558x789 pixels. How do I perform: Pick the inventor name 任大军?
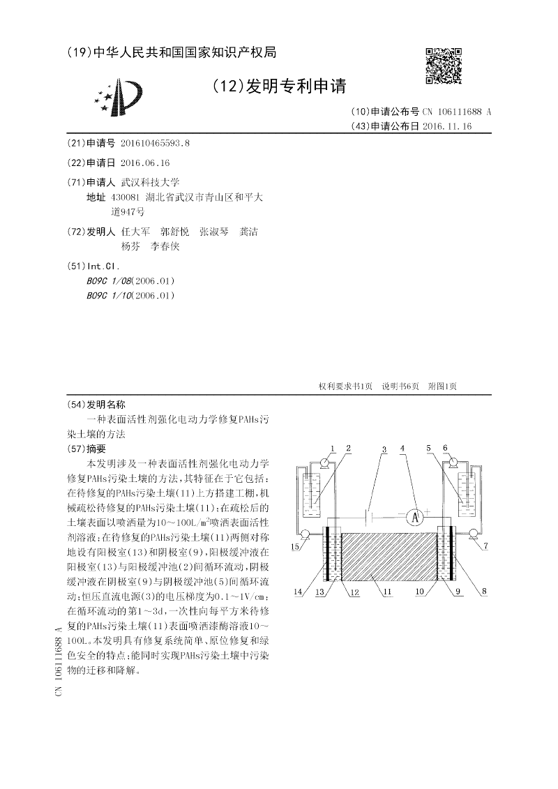point(135,232)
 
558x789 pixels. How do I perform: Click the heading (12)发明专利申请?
point(279,86)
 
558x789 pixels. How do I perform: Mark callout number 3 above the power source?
point(384,448)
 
